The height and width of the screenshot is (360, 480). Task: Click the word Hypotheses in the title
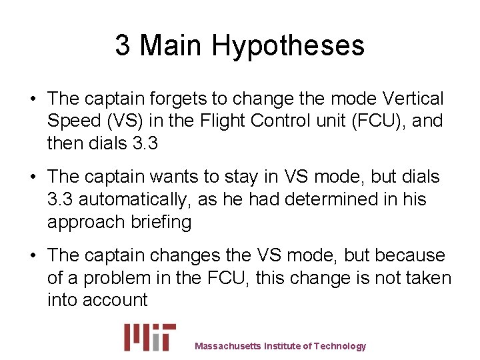coord(289,45)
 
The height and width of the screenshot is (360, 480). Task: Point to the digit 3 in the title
coord(123,45)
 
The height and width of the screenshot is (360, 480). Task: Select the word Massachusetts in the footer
coord(228,346)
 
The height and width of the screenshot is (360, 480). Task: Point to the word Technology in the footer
coord(340,346)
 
